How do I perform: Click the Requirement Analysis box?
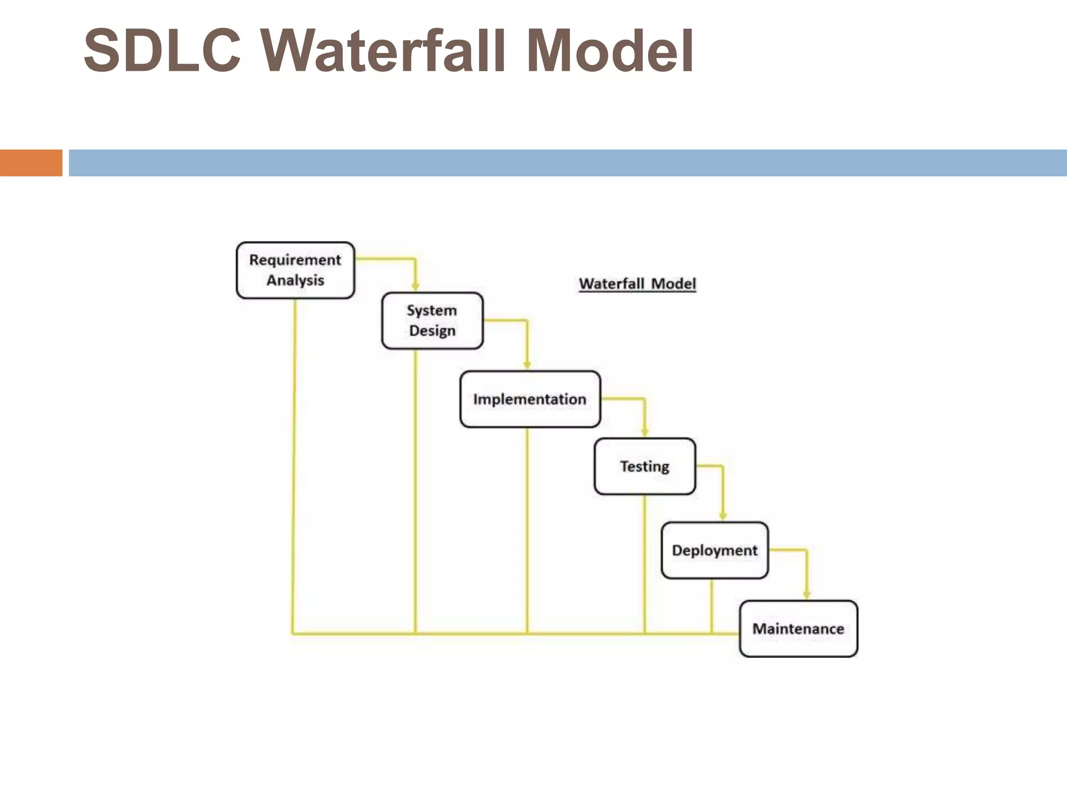(x=295, y=270)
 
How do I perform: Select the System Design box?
(x=432, y=321)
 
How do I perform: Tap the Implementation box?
(x=530, y=399)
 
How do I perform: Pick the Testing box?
(x=644, y=466)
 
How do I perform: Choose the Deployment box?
(x=714, y=550)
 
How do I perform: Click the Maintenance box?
(x=798, y=628)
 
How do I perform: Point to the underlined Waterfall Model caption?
(x=637, y=284)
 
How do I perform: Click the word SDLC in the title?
(x=162, y=51)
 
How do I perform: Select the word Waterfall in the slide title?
(x=383, y=51)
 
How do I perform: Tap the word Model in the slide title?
(x=610, y=51)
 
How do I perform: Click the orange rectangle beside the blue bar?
(x=31, y=163)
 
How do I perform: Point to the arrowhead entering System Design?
(x=415, y=286)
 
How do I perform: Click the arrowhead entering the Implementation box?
(x=527, y=365)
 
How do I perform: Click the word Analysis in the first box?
(x=295, y=281)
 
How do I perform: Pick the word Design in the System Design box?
(x=432, y=331)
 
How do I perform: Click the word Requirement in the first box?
(x=295, y=260)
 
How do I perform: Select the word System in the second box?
(x=432, y=310)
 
